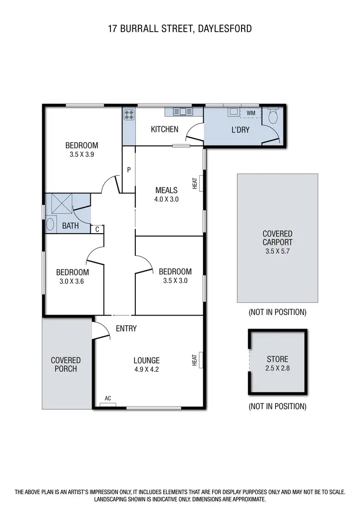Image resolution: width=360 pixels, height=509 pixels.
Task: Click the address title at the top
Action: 180,29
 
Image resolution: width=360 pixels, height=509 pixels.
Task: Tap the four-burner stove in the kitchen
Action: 129,115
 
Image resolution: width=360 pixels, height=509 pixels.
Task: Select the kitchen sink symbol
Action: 182,112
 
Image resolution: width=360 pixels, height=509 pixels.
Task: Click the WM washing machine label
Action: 251,113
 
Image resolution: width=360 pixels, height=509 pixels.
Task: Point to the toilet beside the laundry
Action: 274,116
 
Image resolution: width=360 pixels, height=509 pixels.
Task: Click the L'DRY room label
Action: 240,130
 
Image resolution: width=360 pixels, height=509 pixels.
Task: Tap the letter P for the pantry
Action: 129,169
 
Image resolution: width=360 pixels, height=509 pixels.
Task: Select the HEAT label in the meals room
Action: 195,183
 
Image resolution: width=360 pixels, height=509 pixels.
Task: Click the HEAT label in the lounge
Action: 195,360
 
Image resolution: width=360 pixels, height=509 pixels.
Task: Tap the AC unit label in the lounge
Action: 108,398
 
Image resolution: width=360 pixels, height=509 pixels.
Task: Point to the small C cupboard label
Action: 97,229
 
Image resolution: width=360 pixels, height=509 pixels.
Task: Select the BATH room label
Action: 70,225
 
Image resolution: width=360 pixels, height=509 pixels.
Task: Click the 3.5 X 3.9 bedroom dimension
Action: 82,155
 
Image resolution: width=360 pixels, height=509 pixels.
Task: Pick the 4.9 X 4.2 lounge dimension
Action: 147,370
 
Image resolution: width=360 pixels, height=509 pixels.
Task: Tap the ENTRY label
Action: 126,329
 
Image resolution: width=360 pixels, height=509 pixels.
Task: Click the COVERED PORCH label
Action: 66,364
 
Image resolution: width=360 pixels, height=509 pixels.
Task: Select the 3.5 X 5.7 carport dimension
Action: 277,251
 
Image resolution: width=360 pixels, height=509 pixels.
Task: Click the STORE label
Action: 277,359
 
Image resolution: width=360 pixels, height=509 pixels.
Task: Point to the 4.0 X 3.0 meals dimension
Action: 167,199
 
